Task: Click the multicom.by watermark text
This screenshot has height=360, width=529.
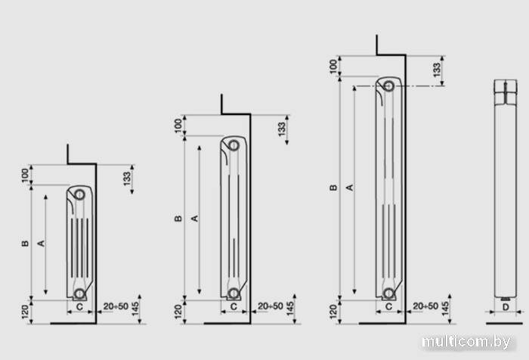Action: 466,342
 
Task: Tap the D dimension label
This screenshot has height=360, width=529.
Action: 505,307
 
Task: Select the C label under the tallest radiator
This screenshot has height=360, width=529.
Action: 388,306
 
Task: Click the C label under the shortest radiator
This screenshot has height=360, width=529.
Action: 79,306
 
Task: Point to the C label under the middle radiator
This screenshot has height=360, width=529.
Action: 234,306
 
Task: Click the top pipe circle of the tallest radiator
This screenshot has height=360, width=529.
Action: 388,85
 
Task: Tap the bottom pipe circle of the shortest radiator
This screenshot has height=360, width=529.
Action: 79,293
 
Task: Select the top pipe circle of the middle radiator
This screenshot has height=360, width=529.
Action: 234,145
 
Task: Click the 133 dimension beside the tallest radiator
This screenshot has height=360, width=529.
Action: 437,70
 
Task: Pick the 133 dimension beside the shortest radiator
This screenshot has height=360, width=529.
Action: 126,178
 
